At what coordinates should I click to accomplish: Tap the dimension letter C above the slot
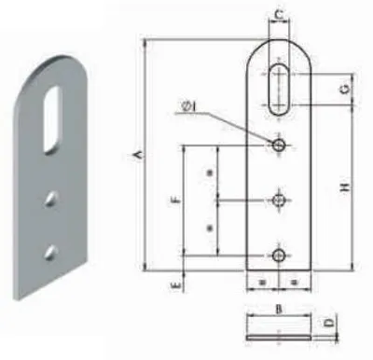pos(280,14)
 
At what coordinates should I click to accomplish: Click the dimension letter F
pos(175,200)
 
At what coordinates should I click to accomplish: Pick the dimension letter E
pos(176,285)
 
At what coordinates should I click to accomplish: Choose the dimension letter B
pos(279,310)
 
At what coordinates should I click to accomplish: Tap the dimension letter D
pos(329,323)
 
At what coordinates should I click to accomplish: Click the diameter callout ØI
pos(189,106)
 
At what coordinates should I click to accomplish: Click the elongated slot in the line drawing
pos(279,90)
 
